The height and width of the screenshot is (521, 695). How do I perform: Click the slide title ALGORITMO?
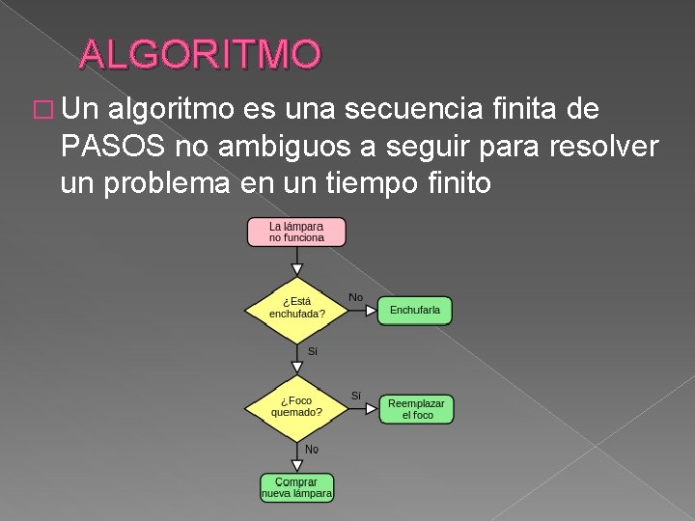click(200, 55)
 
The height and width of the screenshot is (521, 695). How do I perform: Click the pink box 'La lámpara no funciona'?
click(296, 232)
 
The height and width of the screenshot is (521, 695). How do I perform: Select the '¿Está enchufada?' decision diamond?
click(296, 308)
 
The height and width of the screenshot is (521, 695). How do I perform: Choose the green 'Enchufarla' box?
click(415, 310)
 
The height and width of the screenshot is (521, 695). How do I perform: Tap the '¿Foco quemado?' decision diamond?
click(296, 406)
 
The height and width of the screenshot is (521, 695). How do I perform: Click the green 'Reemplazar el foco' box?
click(416, 409)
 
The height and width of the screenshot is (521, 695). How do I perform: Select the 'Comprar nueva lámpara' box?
click(296, 487)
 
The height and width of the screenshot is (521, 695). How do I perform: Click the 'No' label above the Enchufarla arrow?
click(355, 297)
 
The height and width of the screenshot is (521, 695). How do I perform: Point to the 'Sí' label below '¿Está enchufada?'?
click(312, 351)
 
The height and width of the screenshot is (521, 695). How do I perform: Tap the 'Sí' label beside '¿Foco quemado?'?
click(355, 396)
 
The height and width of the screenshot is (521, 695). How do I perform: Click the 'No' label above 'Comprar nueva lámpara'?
click(312, 450)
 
